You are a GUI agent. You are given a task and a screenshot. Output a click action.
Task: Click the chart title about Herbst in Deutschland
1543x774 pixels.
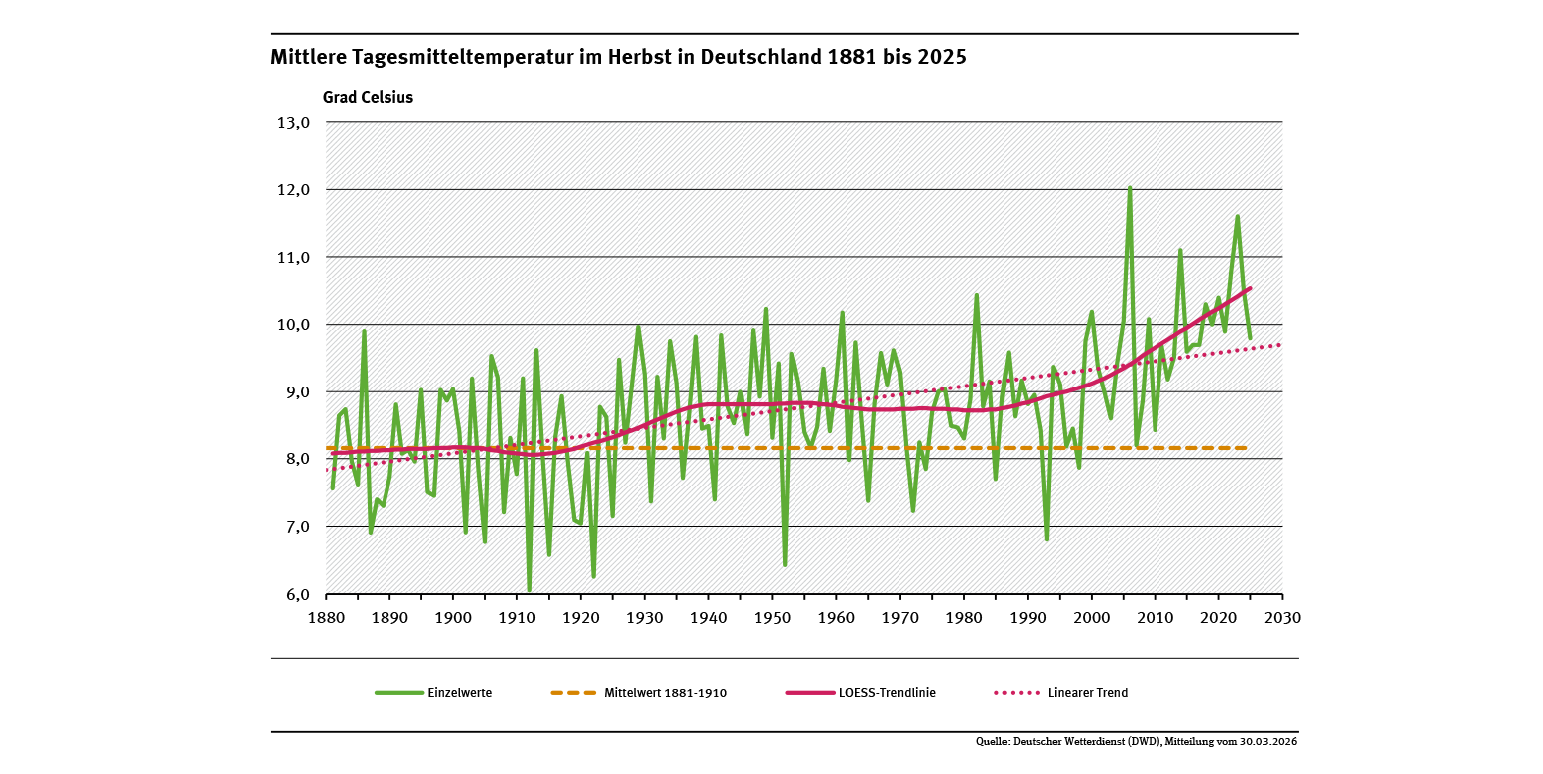click(x=617, y=57)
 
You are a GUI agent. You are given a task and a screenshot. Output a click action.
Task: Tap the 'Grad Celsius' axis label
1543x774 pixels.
click(x=367, y=98)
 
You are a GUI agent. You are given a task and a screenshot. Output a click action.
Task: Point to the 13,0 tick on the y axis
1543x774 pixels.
click(x=293, y=123)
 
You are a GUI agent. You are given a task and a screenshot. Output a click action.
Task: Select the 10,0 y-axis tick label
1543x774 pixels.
click(x=293, y=325)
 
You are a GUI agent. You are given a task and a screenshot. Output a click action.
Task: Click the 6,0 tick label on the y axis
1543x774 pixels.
click(x=293, y=594)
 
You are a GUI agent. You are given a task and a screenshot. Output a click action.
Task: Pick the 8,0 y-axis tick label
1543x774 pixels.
click(x=293, y=459)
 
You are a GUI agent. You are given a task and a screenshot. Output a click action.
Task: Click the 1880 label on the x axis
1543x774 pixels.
click(x=326, y=617)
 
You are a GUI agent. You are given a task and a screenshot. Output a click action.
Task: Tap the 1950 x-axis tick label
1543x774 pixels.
click(x=772, y=617)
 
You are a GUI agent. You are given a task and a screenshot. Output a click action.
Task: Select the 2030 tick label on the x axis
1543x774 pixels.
click(x=1282, y=617)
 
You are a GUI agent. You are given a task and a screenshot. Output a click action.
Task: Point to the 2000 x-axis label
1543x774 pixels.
click(x=1092, y=617)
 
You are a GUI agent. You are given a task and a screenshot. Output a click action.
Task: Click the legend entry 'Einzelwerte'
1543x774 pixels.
click(x=459, y=693)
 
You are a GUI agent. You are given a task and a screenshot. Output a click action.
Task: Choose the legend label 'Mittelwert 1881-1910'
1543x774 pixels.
click(x=665, y=693)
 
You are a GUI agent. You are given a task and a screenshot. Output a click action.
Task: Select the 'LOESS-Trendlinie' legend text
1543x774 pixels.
click(x=889, y=693)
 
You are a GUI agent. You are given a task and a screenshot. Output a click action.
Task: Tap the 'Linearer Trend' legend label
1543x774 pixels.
click(x=1088, y=693)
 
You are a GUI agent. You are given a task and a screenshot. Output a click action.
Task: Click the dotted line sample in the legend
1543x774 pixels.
click(x=1018, y=693)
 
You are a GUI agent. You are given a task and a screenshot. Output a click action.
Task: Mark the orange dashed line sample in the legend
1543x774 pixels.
click(x=573, y=693)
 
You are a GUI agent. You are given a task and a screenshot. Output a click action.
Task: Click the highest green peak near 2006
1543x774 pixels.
click(x=1130, y=187)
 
